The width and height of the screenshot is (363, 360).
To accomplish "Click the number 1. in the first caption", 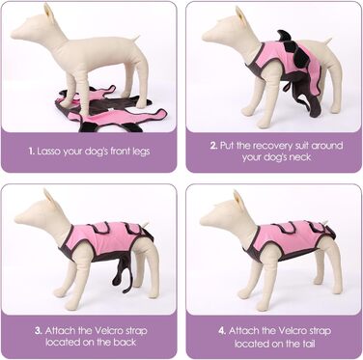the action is click(31, 152).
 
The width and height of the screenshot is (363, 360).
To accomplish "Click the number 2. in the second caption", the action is click(213, 146).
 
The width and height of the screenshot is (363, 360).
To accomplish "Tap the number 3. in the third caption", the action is click(39, 331).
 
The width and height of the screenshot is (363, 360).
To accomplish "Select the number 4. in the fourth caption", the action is click(222, 331).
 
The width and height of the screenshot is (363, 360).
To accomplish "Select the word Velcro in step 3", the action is click(107, 331).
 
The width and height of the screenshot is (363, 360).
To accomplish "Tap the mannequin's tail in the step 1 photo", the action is click(136, 39).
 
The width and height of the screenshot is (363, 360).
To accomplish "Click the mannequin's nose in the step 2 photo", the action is click(204, 38).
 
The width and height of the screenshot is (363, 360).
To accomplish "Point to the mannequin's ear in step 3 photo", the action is click(50, 198).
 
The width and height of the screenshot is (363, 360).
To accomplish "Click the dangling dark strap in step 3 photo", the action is click(123, 272).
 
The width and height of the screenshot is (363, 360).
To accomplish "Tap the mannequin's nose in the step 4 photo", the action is click(203, 222).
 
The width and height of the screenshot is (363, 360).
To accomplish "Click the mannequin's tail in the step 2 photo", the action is click(327, 41).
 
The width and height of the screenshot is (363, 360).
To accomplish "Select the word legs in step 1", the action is click(141, 152).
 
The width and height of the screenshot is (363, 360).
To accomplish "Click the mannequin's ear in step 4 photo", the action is click(239, 199).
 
